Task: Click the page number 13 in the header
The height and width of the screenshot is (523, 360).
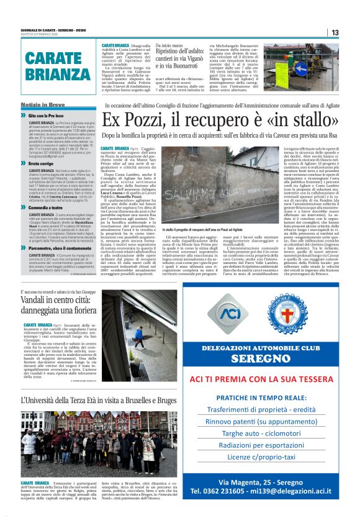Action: [335, 32]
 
